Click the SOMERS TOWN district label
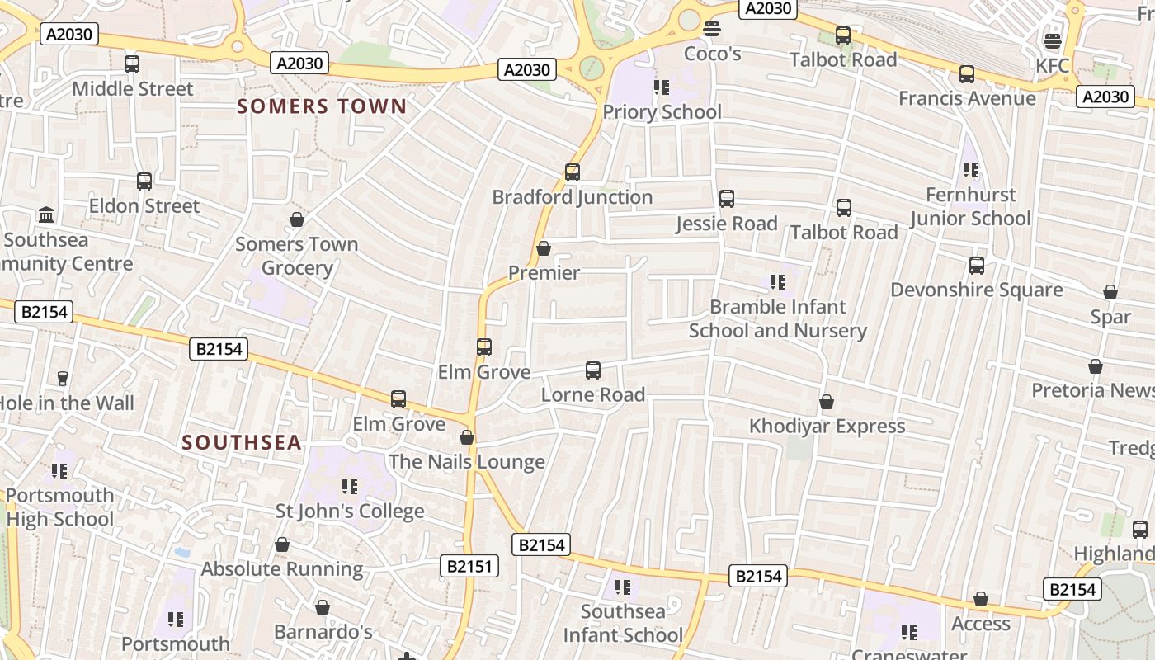point(322,106)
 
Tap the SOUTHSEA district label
point(242,443)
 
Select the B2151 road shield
point(469,566)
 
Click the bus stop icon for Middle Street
point(132,64)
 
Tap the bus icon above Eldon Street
point(144,181)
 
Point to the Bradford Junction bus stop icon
point(573,172)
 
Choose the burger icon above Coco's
point(712,30)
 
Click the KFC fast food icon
point(1052,41)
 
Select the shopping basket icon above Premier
point(544,248)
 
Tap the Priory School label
point(662,112)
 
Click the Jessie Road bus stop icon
point(727,199)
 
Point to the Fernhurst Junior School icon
point(971,171)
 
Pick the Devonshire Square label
point(976,290)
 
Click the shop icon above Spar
point(1110,293)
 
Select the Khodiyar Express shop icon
point(827,402)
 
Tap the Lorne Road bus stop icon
point(593,370)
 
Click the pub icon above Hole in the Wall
point(62,379)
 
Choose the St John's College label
point(350,511)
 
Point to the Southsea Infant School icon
point(623,587)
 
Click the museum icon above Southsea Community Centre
point(47,215)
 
